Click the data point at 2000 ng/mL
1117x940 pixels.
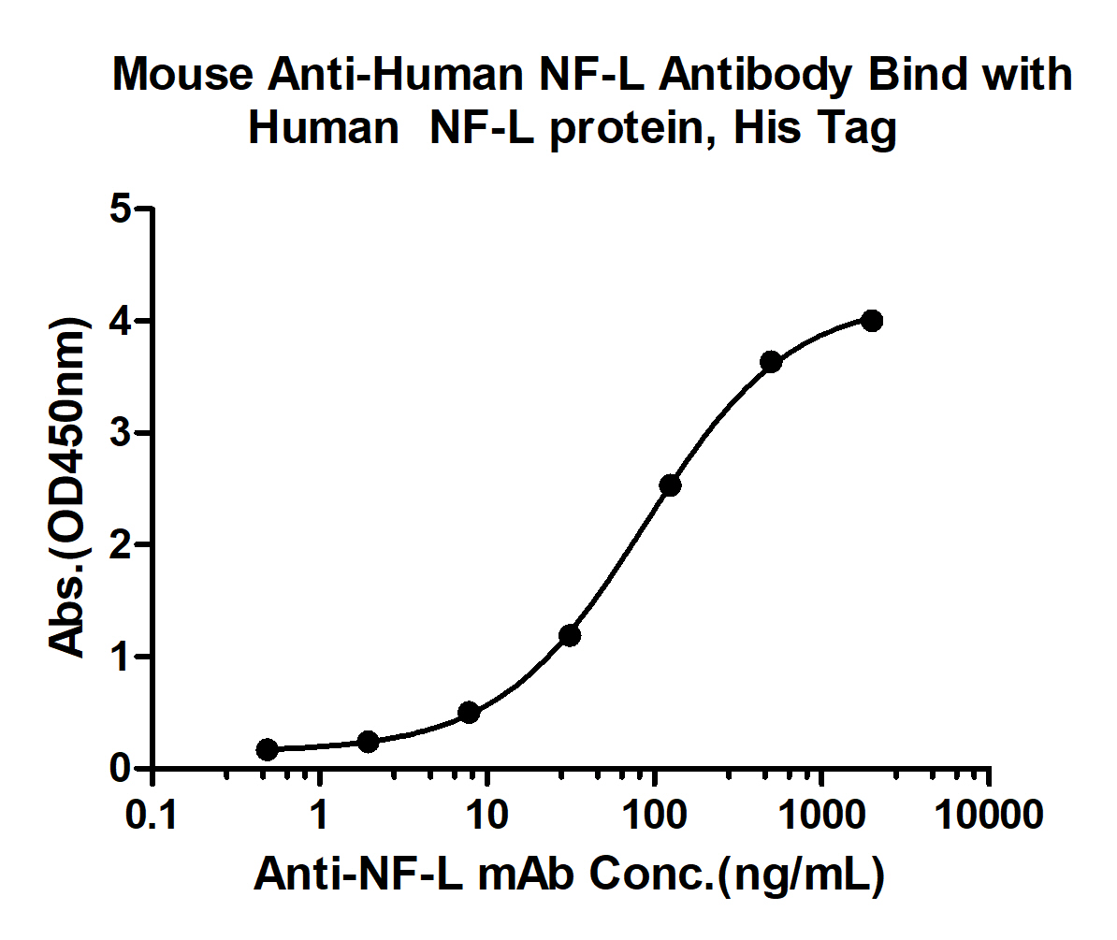click(872, 321)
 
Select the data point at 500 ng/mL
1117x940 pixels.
click(771, 362)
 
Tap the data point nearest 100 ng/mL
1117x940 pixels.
click(670, 484)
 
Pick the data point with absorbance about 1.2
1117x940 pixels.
click(570, 636)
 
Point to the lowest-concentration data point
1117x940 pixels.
click(268, 749)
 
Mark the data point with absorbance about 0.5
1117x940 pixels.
click(470, 713)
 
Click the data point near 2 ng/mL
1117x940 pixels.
click(369, 742)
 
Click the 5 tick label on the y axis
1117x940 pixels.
click(119, 210)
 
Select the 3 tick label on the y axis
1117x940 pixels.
click(119, 433)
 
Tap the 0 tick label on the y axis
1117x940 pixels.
click(119, 769)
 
